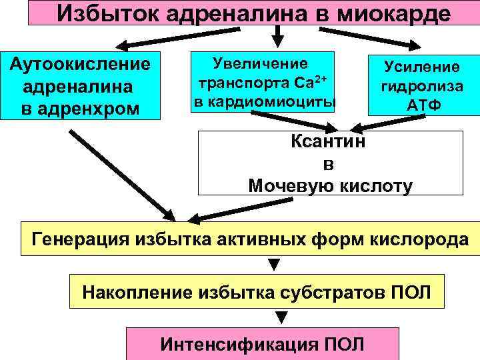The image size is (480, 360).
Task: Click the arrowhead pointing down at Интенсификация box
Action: pyautogui.click(x=273, y=319)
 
